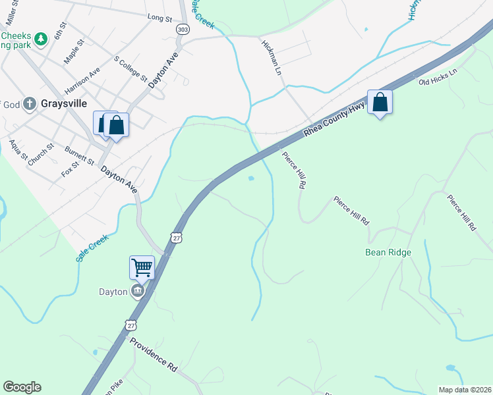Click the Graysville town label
63,103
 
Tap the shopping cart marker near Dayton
142,267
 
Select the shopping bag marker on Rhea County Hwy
380,102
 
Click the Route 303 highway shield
183,30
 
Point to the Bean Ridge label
388,252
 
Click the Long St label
159,17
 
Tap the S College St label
130,68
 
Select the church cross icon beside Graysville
30,103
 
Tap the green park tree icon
41,39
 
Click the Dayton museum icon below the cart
137,291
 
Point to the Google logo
22,387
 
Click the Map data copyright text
465,390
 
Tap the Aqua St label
19,150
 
